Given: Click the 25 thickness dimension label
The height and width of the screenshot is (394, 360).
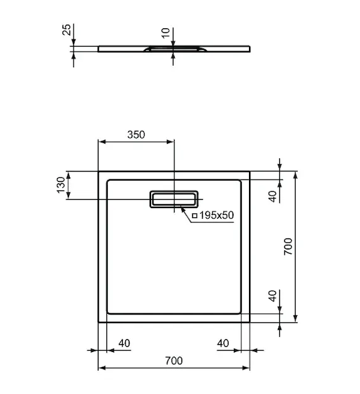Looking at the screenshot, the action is click(66, 30).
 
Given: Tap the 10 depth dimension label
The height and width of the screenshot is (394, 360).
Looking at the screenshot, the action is click(166, 33).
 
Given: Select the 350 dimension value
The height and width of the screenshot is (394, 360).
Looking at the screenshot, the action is click(136, 135).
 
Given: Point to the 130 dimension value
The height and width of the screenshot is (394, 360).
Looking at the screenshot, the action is click(61, 185).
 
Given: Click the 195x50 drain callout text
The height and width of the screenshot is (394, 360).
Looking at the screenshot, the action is click(216, 215).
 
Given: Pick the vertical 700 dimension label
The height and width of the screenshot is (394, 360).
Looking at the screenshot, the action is click(288, 246).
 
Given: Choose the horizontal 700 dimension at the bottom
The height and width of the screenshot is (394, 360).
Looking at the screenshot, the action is click(173, 361).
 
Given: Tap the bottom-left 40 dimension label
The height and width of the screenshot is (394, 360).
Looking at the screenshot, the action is click(124, 343).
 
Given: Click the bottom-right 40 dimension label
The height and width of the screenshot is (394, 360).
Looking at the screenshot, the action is click(223, 343).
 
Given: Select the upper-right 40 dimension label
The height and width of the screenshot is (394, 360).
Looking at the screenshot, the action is click(273, 196).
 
